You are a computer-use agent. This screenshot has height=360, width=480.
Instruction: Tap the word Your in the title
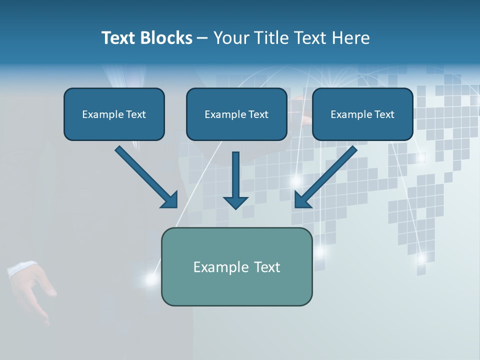tap(230, 38)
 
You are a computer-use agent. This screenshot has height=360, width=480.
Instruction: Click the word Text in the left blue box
tap(135, 114)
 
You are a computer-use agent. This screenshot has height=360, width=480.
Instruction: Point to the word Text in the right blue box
tap(384, 114)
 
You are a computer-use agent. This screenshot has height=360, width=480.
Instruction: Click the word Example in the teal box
tap(221, 267)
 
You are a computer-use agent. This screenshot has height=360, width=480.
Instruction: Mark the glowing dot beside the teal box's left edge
tap(150, 279)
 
